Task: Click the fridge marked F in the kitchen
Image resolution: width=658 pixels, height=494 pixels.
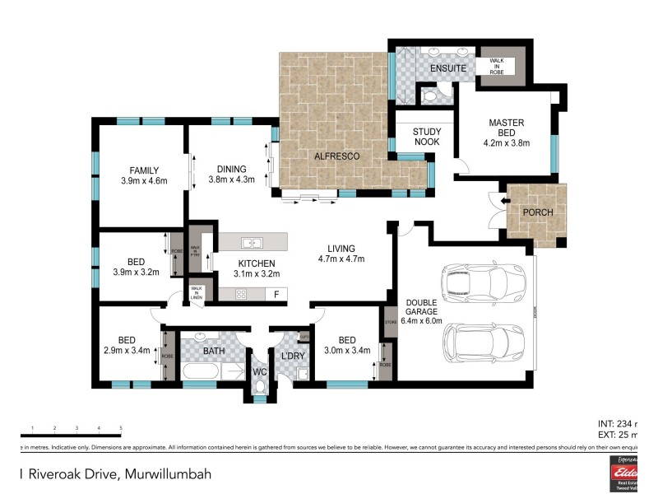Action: click(x=276, y=294)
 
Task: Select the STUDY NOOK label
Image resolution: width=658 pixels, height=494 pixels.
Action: click(x=427, y=137)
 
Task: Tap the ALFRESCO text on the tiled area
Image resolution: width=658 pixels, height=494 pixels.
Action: click(x=332, y=155)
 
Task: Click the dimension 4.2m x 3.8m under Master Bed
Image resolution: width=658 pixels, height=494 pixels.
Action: click(x=506, y=142)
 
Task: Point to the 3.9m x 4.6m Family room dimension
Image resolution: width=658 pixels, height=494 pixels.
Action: click(x=144, y=180)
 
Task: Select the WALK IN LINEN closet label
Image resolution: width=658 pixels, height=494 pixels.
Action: click(x=197, y=292)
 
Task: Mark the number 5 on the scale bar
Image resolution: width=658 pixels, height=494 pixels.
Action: click(x=121, y=428)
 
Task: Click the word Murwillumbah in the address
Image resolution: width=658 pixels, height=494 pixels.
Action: click(x=168, y=473)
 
